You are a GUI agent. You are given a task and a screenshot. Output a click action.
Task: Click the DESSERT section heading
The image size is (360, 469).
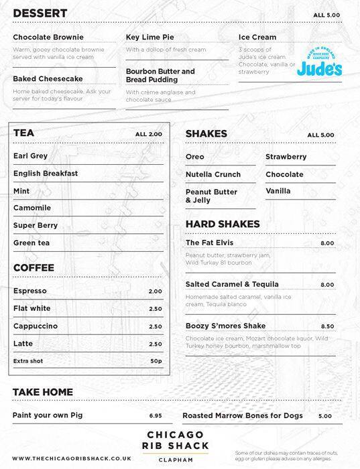(x=40, y=13)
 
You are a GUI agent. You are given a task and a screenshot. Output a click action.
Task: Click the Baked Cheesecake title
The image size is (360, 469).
(x=43, y=78)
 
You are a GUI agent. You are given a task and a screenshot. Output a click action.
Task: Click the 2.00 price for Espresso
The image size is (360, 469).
(x=155, y=291)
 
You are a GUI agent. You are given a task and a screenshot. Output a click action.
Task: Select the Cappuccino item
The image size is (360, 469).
(x=36, y=326)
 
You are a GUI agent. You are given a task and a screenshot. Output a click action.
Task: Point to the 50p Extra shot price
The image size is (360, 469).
(x=156, y=361)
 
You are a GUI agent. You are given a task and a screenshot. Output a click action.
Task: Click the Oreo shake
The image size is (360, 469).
(x=195, y=157)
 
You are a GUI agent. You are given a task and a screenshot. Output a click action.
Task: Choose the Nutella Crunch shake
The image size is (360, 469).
(x=213, y=174)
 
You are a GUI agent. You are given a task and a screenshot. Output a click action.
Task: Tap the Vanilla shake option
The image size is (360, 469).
(x=278, y=191)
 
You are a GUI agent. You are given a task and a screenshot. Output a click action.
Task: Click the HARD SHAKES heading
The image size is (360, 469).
(x=222, y=224)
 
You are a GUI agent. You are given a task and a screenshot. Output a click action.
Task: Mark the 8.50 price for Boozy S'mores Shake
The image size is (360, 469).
(x=327, y=326)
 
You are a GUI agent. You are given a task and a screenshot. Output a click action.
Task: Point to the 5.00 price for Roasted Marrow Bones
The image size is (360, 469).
(x=325, y=416)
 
